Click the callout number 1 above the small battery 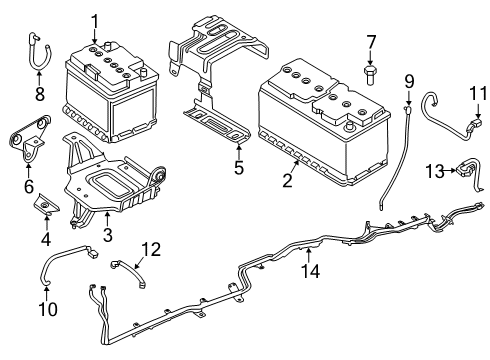pos(95,20)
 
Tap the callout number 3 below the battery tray pos(107,236)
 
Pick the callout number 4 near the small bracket pos(46,239)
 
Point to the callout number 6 pos(29,187)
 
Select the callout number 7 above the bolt pos(371,41)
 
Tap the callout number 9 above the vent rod pos(408,80)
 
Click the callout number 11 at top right pos(475,95)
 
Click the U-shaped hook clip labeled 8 pos(39,52)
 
